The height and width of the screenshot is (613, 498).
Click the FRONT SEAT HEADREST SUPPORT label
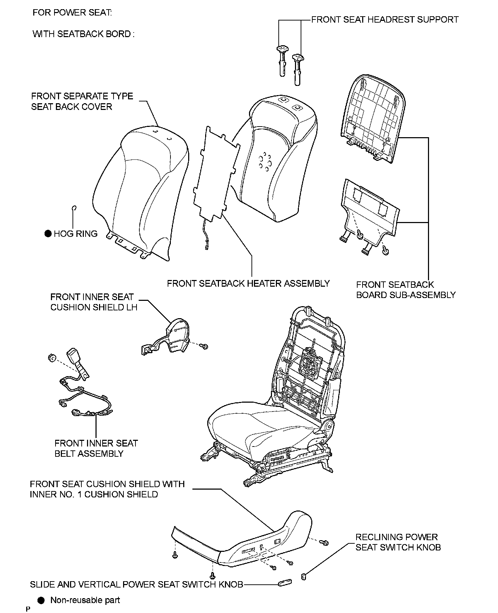[x=385, y=19]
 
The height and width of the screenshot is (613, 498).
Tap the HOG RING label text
[x=75, y=234]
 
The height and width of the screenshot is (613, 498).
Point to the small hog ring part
[x=74, y=208]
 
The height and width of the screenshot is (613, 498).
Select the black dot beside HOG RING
[x=48, y=234]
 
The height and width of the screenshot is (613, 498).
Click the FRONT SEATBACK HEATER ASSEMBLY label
[x=248, y=284]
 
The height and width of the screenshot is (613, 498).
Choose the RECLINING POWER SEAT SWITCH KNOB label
[x=398, y=542]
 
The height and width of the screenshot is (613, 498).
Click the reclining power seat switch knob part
[x=303, y=577]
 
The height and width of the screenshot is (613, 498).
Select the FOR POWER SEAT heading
[x=72, y=13]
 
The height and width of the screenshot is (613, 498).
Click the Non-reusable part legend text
[x=85, y=600]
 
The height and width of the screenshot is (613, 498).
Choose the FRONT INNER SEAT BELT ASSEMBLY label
[x=96, y=448]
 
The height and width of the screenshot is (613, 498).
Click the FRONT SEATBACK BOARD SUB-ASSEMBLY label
[x=406, y=290]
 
